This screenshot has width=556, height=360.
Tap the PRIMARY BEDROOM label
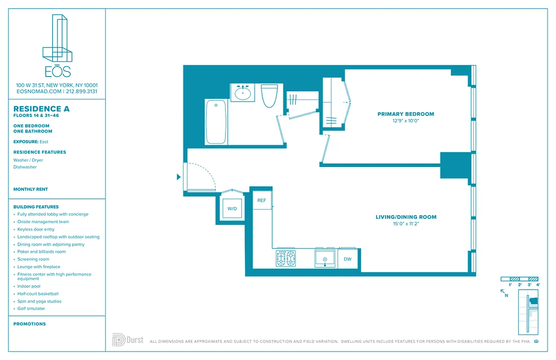[x=405, y=114]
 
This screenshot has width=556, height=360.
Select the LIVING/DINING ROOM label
[x=406, y=217]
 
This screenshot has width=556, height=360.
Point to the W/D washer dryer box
[x=232, y=209]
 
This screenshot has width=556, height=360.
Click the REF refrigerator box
[x=262, y=201]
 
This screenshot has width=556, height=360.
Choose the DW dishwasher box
[x=347, y=259]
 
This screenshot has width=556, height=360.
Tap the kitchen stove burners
[x=286, y=259]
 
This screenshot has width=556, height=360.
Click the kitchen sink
[x=325, y=259]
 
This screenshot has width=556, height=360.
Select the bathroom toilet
[x=269, y=95]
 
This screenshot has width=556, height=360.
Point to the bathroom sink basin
[x=243, y=94]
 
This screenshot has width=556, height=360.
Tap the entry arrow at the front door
[x=179, y=177]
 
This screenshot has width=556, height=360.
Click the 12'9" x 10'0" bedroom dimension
[x=405, y=121]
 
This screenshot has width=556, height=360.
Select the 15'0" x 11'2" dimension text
[x=406, y=223]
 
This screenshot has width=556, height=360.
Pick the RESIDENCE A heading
[x=41, y=109]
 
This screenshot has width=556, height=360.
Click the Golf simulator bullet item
[x=31, y=309]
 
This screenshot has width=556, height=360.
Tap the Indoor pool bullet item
[x=29, y=286]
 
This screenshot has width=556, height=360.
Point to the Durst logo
[x=128, y=340]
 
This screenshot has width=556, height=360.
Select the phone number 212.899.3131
[x=81, y=91]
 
